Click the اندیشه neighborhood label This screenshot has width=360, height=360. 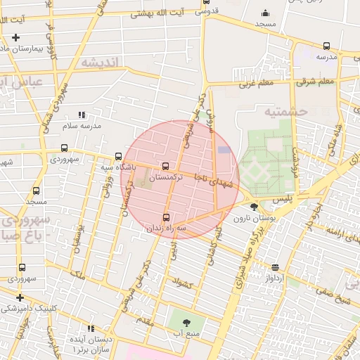coord(102,63)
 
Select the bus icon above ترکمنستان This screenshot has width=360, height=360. coord(165,167)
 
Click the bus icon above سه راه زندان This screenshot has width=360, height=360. coord(167,217)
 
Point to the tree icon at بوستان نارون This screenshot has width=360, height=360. coord(254,207)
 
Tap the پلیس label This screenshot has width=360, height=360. coord(281,200)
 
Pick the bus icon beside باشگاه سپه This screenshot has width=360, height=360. coord(118,157)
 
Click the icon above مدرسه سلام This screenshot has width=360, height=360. coord(82,115)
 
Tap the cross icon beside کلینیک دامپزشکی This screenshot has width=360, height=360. coord(20,297)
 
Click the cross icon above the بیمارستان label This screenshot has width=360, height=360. coord(15,37)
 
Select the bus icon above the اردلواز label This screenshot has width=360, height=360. coord(276,267)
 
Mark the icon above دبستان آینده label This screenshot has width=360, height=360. coord(91,328)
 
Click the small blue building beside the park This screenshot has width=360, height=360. coord(224,149)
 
